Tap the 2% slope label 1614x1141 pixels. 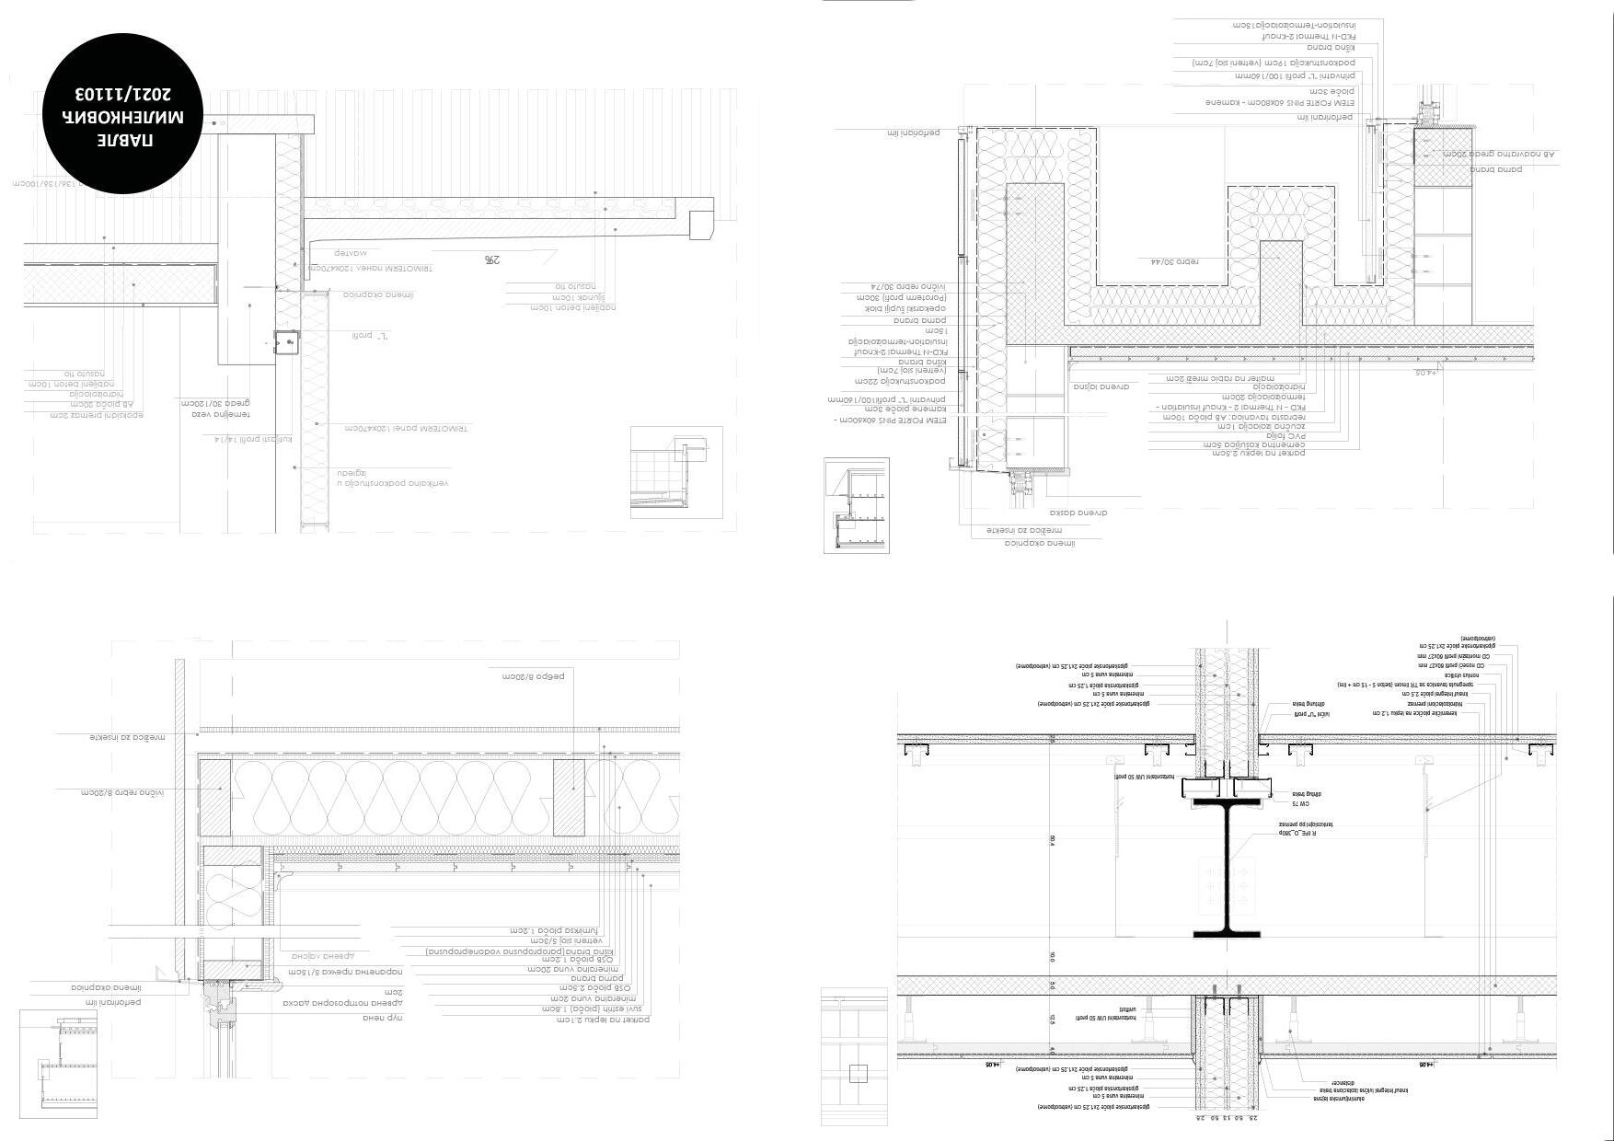point(492,260)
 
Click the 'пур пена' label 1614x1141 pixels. point(383,1018)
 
